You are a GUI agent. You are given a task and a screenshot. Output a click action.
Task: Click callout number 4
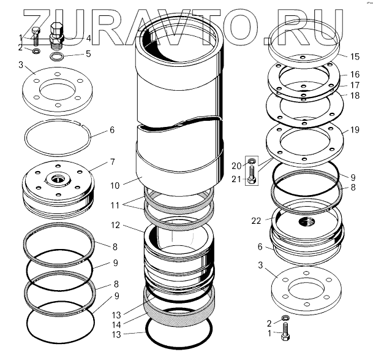[x=88, y=39]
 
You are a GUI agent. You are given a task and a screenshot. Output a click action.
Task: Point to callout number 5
[x=88, y=54]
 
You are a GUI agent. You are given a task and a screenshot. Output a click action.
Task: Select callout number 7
[x=112, y=162]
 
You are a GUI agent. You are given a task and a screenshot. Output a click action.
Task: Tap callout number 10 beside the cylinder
[x=115, y=186]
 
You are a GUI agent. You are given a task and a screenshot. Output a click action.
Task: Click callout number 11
[x=115, y=205]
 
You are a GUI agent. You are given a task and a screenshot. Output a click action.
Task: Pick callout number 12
[x=115, y=225]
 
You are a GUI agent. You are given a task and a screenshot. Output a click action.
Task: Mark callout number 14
[x=116, y=325]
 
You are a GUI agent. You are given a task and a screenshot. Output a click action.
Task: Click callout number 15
[x=355, y=56]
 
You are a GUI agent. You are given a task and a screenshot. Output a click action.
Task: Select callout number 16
[x=355, y=75]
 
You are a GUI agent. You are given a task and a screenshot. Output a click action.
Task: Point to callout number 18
[x=355, y=96]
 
